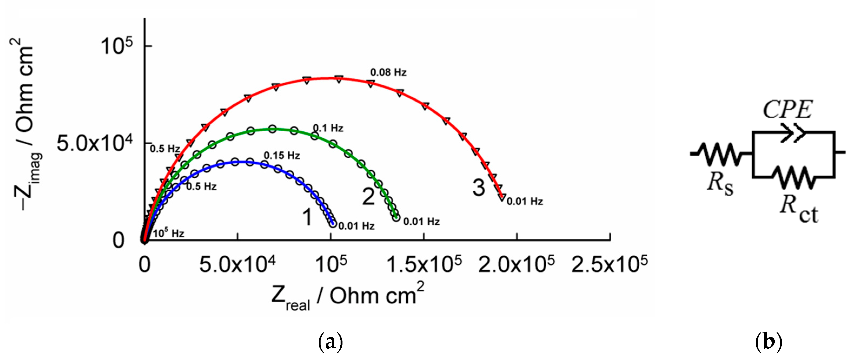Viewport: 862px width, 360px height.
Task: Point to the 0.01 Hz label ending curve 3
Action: click(525, 201)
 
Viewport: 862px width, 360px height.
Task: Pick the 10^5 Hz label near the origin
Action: click(168, 233)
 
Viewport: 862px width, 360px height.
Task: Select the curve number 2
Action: click(368, 197)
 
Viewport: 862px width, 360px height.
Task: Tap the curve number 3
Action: click(478, 187)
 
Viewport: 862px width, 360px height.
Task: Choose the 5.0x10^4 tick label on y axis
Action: click(94, 143)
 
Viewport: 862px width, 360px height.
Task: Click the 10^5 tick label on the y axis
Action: click(116, 46)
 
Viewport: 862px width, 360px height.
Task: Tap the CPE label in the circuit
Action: click(787, 110)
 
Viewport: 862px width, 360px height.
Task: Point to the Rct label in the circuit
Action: click(798, 209)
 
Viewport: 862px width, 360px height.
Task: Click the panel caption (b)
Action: click(768, 342)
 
